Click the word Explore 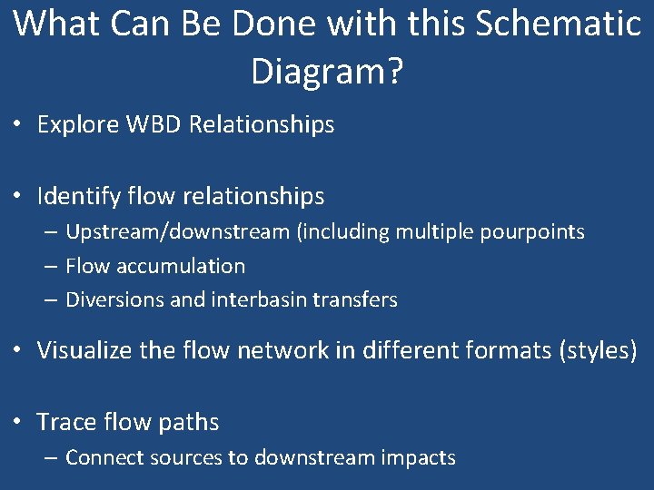pos(77,124)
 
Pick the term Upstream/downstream pos(178,231)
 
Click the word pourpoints pos(535,231)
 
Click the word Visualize pos(88,350)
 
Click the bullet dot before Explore pos(19,125)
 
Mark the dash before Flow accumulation pos(50,267)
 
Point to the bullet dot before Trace pos(19,423)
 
